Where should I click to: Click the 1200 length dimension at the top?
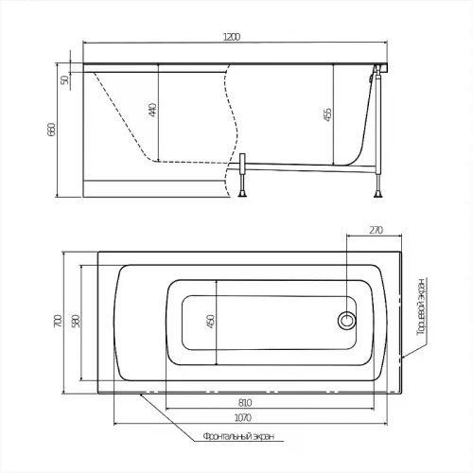pyautogui.click(x=232, y=37)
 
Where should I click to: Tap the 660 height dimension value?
pyautogui.click(x=51, y=130)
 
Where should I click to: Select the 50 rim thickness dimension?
pyautogui.click(x=64, y=79)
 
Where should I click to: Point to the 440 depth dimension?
pyautogui.click(x=152, y=110)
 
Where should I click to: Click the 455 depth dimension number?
pyautogui.click(x=328, y=114)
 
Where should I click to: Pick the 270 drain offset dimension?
pyautogui.click(x=376, y=230)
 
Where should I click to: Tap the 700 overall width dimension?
pyautogui.click(x=58, y=321)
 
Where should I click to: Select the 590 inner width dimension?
pyautogui.click(x=77, y=321)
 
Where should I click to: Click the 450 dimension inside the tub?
pyautogui.click(x=211, y=322)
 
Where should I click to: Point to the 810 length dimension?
pyautogui.click(x=245, y=403)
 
